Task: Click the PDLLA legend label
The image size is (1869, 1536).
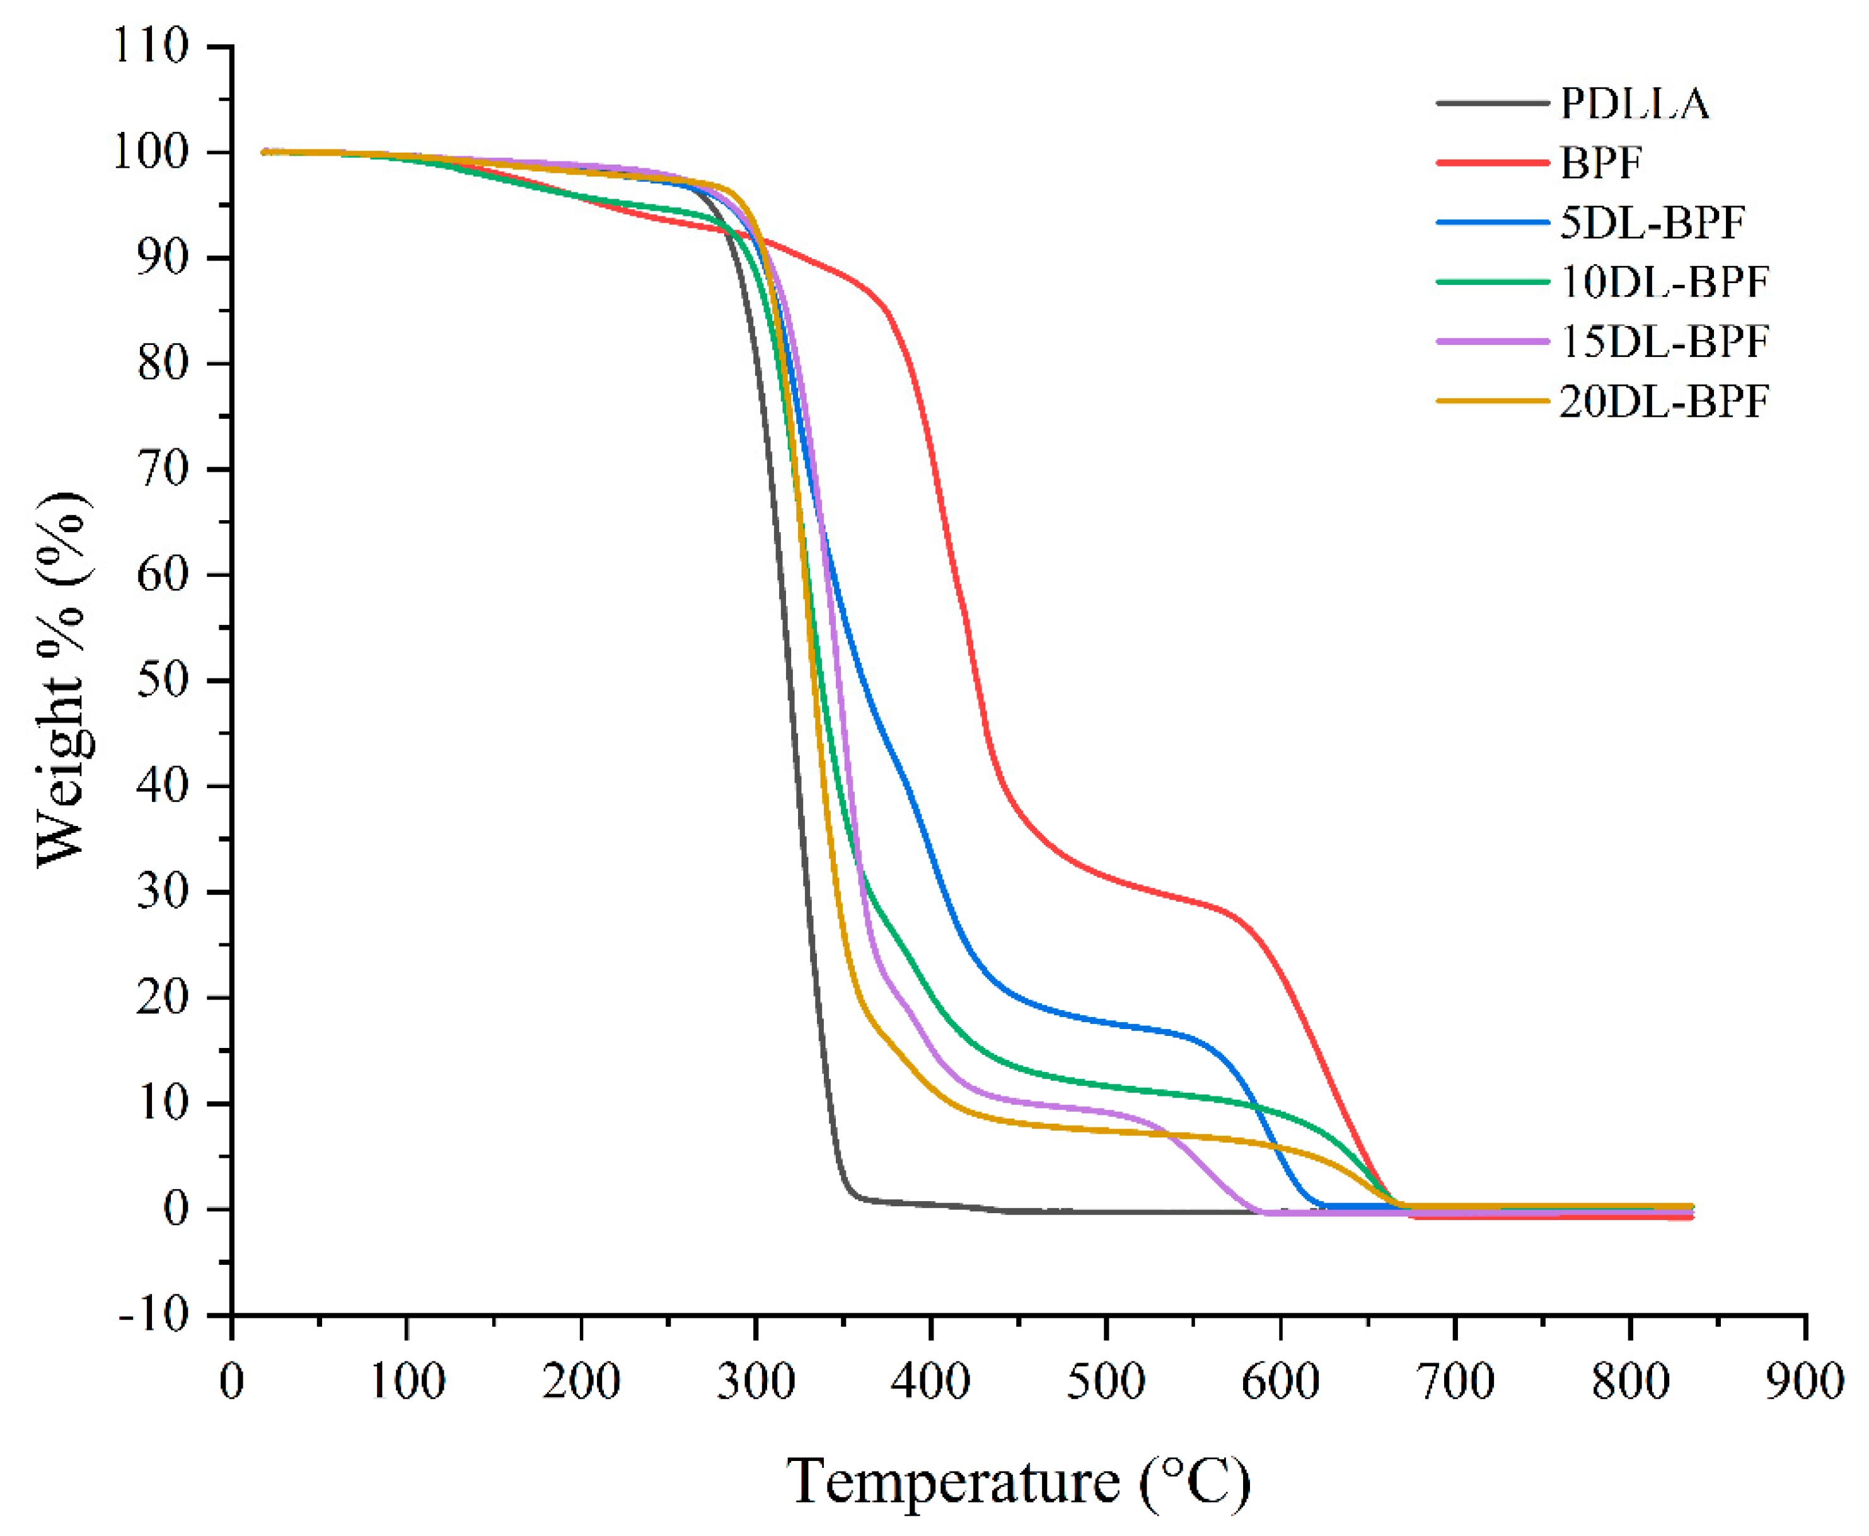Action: (x=1634, y=103)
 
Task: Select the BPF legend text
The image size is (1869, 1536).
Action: (x=1601, y=163)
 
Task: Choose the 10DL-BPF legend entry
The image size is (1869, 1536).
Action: (x=1663, y=281)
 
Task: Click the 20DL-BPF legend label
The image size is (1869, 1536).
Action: (x=1663, y=401)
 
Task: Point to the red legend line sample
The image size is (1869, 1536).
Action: (x=1492, y=163)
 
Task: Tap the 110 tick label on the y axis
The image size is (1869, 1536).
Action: (x=151, y=46)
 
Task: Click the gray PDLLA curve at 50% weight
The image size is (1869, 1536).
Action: (x=790, y=680)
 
